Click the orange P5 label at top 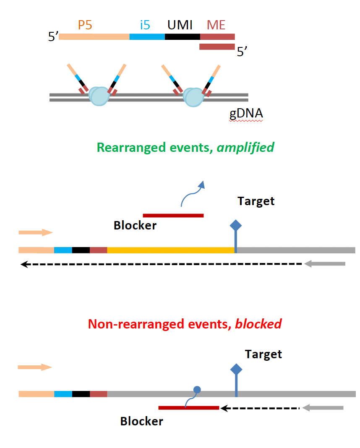[x=85, y=25]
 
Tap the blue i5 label [x=145, y=25]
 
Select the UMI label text [x=180, y=25]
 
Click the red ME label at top [x=216, y=25]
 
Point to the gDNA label [x=246, y=113]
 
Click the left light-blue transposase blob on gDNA [x=99, y=96]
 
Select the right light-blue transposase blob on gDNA [x=193, y=96]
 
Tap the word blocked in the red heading [x=258, y=324]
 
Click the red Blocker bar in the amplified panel [x=173, y=216]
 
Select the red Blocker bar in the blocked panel [x=188, y=407]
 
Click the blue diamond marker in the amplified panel [x=236, y=226]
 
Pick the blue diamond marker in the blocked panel [x=236, y=370]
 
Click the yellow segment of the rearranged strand [x=170, y=250]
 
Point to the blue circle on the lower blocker [x=197, y=390]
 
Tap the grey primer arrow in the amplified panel [x=325, y=264]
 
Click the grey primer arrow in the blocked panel [x=323, y=408]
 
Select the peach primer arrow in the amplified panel [x=36, y=232]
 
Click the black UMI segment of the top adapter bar [x=183, y=36]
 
